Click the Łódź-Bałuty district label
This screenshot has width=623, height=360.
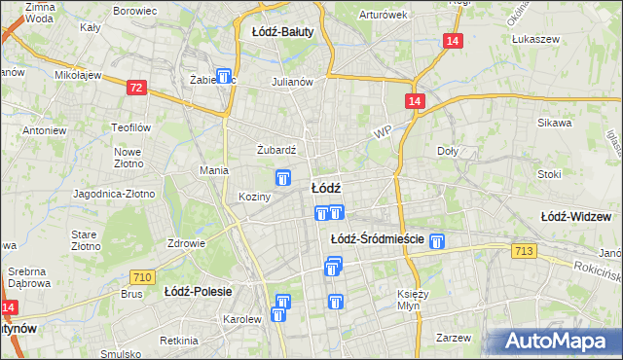tap(282, 31)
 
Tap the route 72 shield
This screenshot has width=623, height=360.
tap(136, 89)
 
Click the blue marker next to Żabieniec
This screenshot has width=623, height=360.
tap(225, 76)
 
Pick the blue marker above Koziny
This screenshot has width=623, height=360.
tap(283, 177)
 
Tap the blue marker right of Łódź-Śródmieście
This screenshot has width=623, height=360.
tap(438, 241)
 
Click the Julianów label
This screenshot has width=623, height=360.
tap(292, 82)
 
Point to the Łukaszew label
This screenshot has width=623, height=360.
tap(532, 40)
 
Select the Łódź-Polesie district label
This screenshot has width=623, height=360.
tap(196, 290)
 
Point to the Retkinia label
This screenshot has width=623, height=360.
tap(180, 341)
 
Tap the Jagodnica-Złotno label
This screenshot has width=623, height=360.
tap(114, 194)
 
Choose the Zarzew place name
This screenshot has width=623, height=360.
tap(454, 338)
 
